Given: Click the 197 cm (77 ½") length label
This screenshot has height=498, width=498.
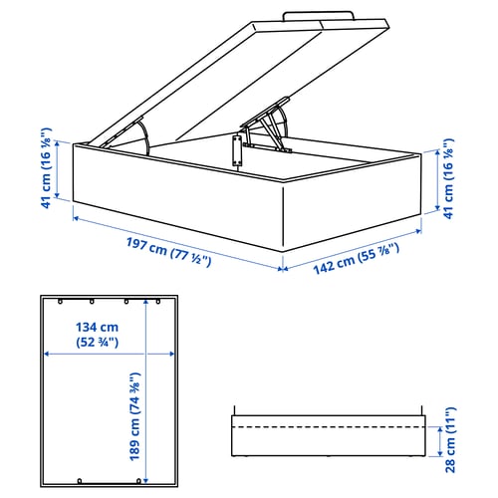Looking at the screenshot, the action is (168, 252).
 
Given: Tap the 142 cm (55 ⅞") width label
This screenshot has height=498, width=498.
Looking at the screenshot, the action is (357, 259).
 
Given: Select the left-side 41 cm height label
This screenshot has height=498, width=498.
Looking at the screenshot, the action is (46, 168).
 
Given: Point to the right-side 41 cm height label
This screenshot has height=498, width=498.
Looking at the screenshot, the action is (448, 178).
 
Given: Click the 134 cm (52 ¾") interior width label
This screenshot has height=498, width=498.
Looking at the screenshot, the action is (97, 335).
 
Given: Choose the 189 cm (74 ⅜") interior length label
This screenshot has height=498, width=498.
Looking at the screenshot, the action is (134, 416).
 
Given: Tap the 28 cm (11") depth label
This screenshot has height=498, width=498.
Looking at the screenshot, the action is (450, 440).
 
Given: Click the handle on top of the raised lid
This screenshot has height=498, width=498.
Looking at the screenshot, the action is (318, 15).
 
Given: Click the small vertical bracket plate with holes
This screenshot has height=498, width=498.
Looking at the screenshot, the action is (237, 150).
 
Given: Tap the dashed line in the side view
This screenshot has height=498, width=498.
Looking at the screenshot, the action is (329, 426).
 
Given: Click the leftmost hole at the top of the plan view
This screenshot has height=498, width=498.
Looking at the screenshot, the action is (60, 302).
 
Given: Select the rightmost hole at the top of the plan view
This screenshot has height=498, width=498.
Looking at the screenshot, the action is (158, 302).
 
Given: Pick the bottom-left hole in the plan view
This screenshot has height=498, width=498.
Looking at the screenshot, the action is (80, 481).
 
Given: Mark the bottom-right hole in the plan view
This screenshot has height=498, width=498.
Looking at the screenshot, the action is (138, 481).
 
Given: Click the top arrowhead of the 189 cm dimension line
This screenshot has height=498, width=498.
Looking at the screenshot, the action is (145, 301).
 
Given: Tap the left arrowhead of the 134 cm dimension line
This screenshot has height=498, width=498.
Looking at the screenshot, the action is (47, 354).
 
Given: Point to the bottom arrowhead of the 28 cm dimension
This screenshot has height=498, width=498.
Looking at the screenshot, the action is (440, 453).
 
